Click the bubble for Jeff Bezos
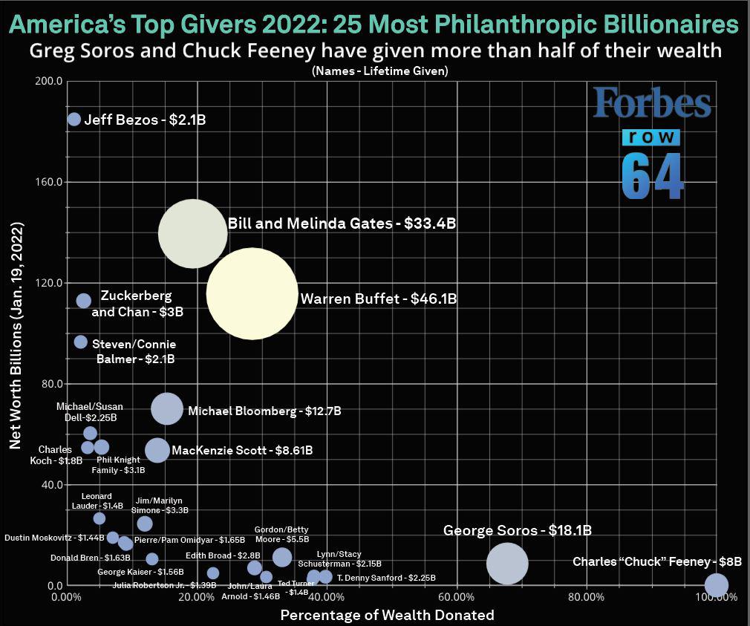74,119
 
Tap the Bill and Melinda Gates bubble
192,233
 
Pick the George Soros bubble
507,564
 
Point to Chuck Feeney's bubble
716,585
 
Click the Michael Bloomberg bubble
167,408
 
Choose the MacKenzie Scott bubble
157,449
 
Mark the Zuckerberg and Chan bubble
84,301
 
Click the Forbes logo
651,105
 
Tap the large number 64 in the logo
652,177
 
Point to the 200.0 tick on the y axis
48,80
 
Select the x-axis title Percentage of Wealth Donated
387,615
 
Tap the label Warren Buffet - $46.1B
379,299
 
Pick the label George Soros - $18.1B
517,530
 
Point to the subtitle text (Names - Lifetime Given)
374,71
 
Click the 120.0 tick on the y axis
48,283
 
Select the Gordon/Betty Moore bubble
282,557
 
